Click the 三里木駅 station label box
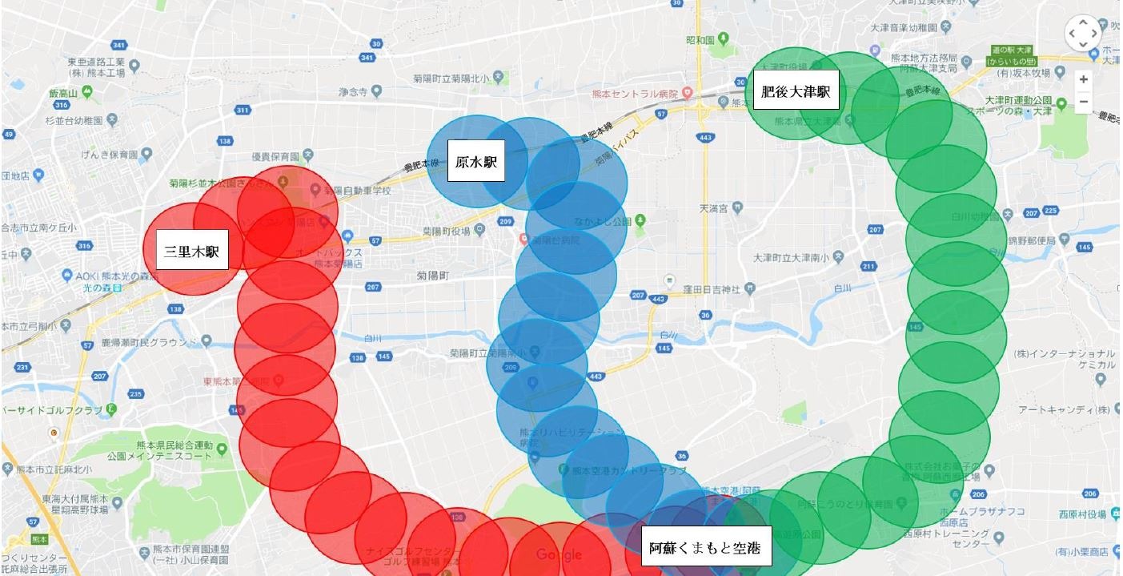[x=192, y=252]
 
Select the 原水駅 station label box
[x=476, y=163]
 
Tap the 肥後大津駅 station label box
[x=795, y=91]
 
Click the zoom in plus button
[x=1084, y=79]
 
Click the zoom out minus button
[x=1084, y=102]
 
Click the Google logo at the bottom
[x=559, y=554]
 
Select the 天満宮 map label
[x=713, y=208]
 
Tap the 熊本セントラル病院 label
[x=636, y=94]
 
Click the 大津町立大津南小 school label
[x=792, y=258]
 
